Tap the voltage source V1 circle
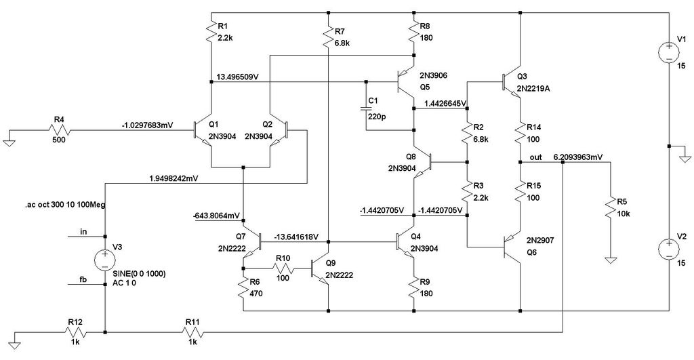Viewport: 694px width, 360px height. (668, 52)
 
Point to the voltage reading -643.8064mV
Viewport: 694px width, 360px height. (216, 216)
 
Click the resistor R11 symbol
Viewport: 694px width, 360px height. (195, 332)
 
